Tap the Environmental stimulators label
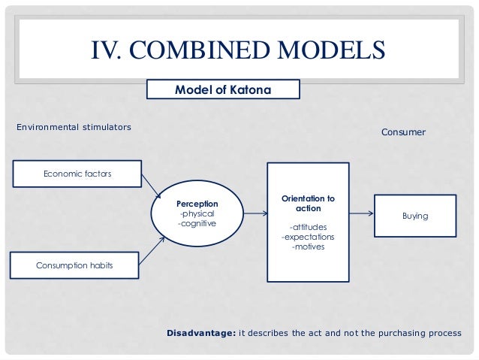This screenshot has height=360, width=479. point(74,127)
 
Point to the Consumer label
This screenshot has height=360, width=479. point(403,132)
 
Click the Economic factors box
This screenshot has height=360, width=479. point(77,174)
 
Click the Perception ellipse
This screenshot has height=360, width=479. point(197,213)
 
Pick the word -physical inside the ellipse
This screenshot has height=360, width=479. point(196,213)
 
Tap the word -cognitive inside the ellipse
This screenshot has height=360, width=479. point(196,223)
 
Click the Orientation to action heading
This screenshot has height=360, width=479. point(308,204)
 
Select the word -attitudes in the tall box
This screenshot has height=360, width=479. point(308,227)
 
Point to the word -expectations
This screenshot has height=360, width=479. point(308,237)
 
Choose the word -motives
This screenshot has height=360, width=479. point(308,247)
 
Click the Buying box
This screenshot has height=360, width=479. point(414,216)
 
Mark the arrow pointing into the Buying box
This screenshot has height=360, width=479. point(361,214)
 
